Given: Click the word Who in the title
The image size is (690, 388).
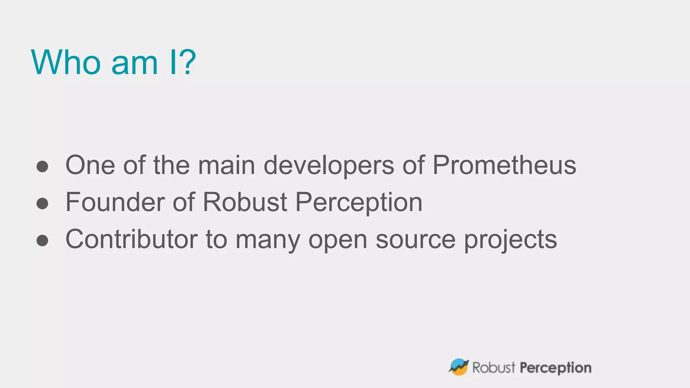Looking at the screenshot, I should (x=66, y=62).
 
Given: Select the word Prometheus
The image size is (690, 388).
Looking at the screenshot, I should (x=504, y=165).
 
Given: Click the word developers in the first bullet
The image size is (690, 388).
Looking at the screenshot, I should (x=328, y=166).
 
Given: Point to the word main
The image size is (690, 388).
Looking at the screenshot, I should (x=226, y=165).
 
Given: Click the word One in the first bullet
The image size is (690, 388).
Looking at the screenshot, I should (x=90, y=165).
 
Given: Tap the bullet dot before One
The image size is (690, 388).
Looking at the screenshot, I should (x=42, y=166).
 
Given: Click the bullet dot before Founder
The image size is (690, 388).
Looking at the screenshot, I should (x=42, y=203).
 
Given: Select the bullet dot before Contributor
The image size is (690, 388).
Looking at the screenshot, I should (x=42, y=240).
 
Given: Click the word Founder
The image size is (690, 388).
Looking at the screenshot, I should (x=115, y=202).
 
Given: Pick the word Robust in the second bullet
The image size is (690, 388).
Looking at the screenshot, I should (x=245, y=202).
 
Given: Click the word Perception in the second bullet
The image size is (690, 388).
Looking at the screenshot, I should (x=359, y=203).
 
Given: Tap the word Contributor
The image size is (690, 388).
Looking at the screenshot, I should (x=131, y=239).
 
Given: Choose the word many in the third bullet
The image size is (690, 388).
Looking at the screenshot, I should (x=268, y=240).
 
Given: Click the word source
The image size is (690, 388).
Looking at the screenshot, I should (x=415, y=240).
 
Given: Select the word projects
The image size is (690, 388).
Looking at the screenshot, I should (x=510, y=240).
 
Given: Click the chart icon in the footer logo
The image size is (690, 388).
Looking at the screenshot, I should (x=459, y=367).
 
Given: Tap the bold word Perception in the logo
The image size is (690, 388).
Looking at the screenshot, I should (x=556, y=368).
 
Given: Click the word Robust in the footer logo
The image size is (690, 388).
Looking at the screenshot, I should (x=494, y=367).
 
